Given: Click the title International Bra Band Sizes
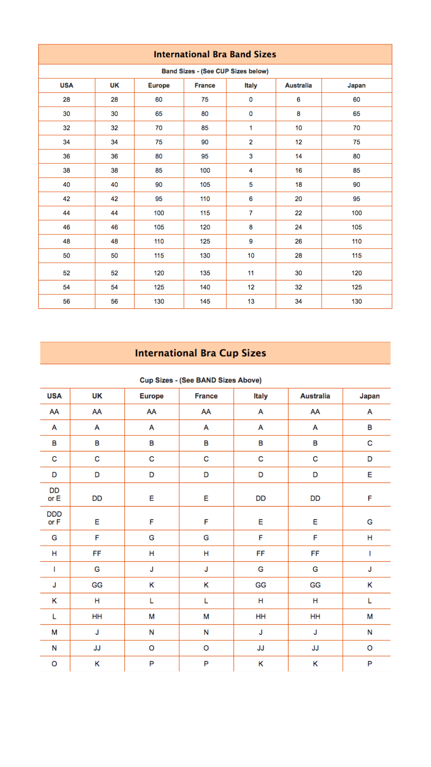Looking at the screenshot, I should [215, 54].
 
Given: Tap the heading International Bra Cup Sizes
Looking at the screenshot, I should [200, 353].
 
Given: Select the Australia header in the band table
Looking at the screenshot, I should [298, 85].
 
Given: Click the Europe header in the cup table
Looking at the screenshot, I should [151, 396].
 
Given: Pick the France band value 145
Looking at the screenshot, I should [205, 302].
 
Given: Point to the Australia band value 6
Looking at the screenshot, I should [298, 99].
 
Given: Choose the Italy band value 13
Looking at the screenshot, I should [251, 302].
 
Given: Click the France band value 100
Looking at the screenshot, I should [205, 171].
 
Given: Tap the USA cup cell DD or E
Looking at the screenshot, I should [54, 494].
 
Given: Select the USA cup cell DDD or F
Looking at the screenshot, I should [54, 518].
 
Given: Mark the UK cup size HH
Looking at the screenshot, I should [97, 616].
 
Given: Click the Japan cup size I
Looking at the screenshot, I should [370, 554].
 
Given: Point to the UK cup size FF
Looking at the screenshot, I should [97, 554].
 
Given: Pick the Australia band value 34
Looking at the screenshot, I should [298, 302].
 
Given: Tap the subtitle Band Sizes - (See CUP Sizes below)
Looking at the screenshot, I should [215, 71].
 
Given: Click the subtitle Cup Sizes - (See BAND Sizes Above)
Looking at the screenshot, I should [200, 380].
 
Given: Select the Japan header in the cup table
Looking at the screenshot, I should [370, 396].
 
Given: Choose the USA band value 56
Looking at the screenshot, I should [66, 302].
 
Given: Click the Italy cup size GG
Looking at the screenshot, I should [261, 585].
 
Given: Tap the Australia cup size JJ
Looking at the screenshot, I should [315, 648].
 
